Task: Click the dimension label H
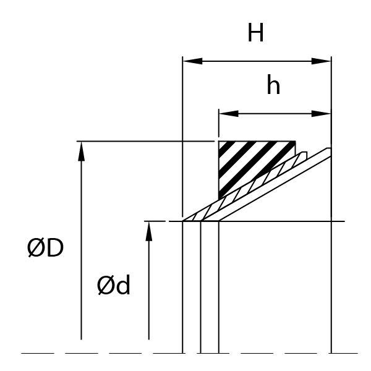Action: click(x=256, y=33)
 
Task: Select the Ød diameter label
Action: click(x=114, y=286)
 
